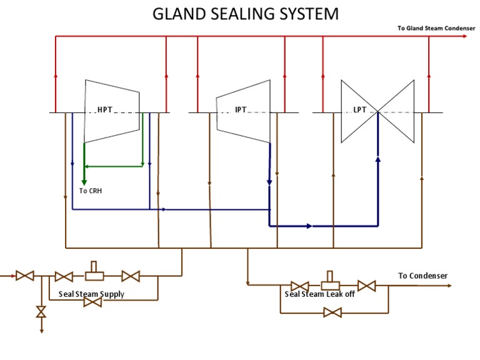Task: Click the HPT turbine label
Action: [x=105, y=110]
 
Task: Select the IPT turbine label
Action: [x=241, y=110]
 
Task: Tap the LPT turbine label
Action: [x=360, y=110]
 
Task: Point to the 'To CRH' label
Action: [x=91, y=191]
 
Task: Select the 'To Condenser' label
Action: [x=423, y=276]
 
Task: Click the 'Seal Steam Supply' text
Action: [x=91, y=294]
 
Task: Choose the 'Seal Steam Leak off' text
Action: [x=320, y=294]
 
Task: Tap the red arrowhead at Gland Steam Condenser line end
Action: [x=464, y=37]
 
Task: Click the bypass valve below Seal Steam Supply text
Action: [x=92, y=302]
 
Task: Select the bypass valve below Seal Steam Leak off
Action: [x=332, y=312]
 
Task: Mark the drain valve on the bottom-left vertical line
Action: [x=41, y=312]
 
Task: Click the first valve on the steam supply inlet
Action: [x=25, y=275]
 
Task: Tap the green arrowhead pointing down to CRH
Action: [x=84, y=177]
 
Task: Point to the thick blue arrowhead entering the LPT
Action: [x=377, y=159]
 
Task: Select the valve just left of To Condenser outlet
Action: [x=366, y=286]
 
